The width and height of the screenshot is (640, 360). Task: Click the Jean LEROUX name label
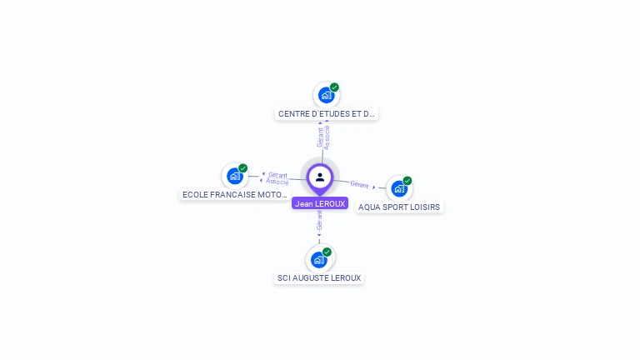tap(320, 203)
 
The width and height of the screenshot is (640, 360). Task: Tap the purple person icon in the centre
tap(320, 177)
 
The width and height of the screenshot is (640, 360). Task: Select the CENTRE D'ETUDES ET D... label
tap(327, 114)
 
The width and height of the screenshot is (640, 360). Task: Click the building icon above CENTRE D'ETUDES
tap(326, 95)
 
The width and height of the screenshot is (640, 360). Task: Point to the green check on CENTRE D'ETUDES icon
tap(334, 87)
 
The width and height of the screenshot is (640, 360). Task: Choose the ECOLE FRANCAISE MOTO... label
tap(235, 194)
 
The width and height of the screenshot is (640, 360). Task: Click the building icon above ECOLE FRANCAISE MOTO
tap(235, 176)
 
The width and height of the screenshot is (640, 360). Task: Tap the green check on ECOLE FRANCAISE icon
tap(243, 168)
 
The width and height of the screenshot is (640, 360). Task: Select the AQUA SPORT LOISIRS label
tap(399, 207)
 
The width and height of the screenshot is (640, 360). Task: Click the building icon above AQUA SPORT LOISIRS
tap(398, 188)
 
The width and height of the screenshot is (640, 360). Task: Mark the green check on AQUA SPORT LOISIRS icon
tap(407, 181)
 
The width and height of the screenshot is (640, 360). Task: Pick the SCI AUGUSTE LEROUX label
tap(320, 277)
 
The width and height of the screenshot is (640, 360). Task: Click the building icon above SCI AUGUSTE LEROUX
tap(318, 259)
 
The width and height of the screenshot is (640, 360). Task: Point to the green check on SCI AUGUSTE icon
tap(327, 252)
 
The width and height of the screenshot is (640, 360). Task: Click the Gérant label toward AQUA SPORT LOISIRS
tap(359, 184)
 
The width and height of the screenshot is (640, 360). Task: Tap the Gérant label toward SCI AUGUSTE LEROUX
tap(319, 222)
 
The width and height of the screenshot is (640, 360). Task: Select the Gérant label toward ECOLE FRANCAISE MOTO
tap(277, 175)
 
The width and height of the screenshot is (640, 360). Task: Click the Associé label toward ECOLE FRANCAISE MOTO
tap(277, 182)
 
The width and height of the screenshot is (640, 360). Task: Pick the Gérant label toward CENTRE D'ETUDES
tap(319, 137)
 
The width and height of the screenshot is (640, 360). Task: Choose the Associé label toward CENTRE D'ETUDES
tap(327, 137)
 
